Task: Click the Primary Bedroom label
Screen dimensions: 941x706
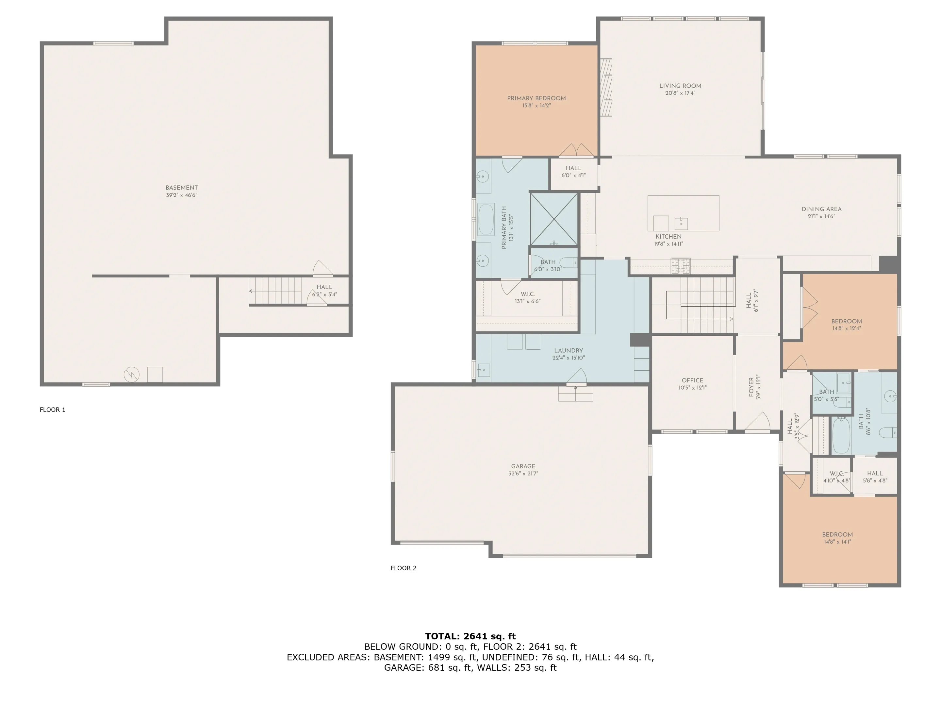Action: pyautogui.click(x=536, y=98)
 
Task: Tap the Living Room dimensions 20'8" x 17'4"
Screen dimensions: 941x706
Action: pyautogui.click(x=680, y=93)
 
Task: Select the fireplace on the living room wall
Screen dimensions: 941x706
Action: pyautogui.click(x=606, y=87)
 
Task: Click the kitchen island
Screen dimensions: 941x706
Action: pyautogui.click(x=683, y=213)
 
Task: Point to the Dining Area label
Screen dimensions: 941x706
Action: pyautogui.click(x=821, y=209)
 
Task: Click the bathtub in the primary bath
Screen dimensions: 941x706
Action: pyautogui.click(x=486, y=220)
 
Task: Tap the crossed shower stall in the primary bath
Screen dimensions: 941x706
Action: pyautogui.click(x=554, y=219)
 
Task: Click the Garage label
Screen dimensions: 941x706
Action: pyautogui.click(x=523, y=466)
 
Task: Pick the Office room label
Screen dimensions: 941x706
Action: pyautogui.click(x=693, y=380)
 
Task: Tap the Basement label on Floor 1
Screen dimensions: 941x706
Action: pyautogui.click(x=182, y=188)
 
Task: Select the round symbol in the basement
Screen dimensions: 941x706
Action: pyautogui.click(x=131, y=375)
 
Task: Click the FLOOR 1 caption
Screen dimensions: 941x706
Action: pyautogui.click(x=52, y=410)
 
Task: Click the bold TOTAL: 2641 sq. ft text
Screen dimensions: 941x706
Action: pyautogui.click(x=470, y=636)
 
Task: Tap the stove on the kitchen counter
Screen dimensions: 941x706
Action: pyautogui.click(x=680, y=266)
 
